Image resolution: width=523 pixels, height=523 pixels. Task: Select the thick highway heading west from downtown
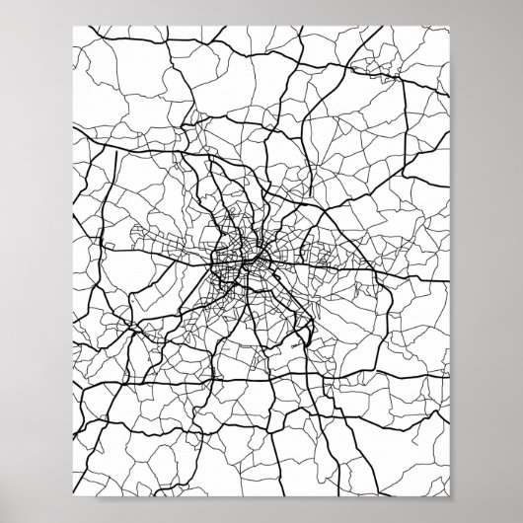[x=148, y=268]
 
